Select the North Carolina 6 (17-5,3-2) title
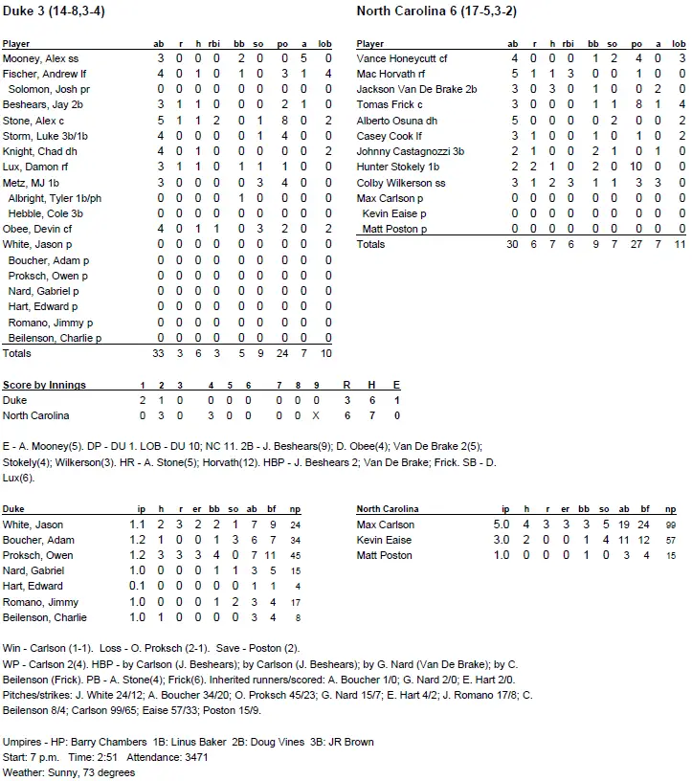[434, 11]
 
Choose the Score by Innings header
[44, 385]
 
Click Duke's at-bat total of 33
[159, 353]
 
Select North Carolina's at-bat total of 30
[513, 244]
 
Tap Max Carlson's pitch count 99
[670, 524]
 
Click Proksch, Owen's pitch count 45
[297, 555]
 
